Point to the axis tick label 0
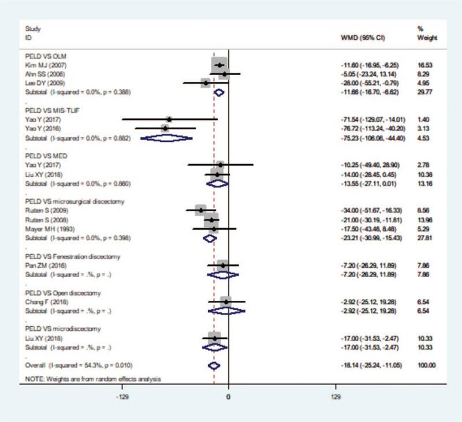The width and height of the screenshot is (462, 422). (x=228, y=398)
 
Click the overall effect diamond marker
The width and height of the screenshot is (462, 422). (x=214, y=365)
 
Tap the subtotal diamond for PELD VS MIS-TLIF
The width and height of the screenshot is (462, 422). (x=166, y=138)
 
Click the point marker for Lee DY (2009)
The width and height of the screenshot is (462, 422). (x=206, y=83)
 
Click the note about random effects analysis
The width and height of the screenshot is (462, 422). (x=91, y=378)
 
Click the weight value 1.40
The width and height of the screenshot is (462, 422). (x=426, y=119)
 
